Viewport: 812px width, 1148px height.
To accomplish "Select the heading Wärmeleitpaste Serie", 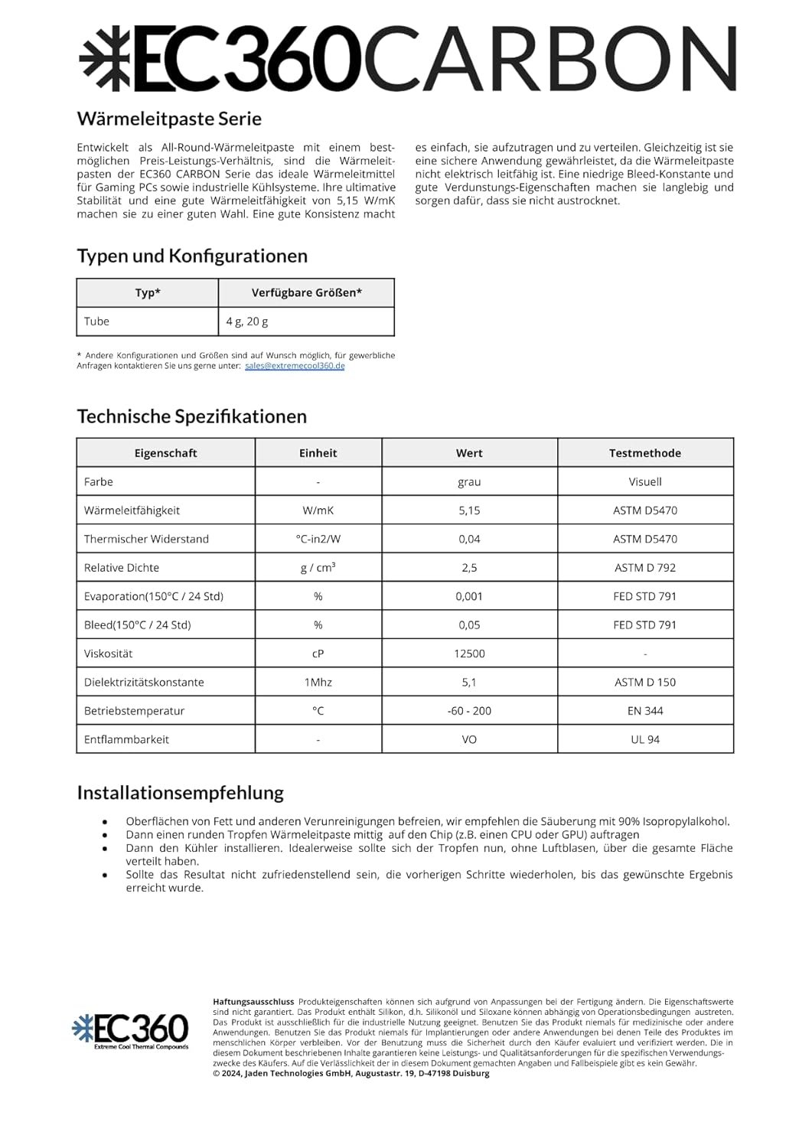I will pyautogui.click(x=169, y=119).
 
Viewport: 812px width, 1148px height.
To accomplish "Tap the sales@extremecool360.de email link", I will pyautogui.click(x=295, y=366).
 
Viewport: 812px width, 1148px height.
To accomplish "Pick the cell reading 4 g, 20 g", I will pyautogui.click(x=247, y=321).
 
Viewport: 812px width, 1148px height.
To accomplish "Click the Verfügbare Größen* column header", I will pyautogui.click(x=306, y=292).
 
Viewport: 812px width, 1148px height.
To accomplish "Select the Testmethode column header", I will pyautogui.click(x=644, y=453).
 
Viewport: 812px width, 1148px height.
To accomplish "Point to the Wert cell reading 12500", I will pyautogui.click(x=469, y=654).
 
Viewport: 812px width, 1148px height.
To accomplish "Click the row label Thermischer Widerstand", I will pyautogui.click(x=146, y=539).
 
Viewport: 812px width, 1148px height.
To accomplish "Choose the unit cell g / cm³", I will pyautogui.click(x=318, y=567).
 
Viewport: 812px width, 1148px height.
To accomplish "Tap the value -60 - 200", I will pyautogui.click(x=469, y=711).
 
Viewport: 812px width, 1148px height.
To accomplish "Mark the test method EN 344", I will pyautogui.click(x=644, y=711).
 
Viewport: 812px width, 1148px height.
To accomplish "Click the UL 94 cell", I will pyautogui.click(x=644, y=739).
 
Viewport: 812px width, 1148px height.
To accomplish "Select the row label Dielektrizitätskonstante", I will pyautogui.click(x=144, y=682).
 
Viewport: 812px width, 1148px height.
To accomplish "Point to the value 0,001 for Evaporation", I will pyautogui.click(x=469, y=596).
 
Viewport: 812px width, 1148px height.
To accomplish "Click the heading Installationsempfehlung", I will pyautogui.click(x=180, y=792).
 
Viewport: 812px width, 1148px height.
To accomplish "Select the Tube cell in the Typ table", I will pyautogui.click(x=97, y=321).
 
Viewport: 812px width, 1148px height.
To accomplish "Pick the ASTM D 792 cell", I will pyautogui.click(x=644, y=567).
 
